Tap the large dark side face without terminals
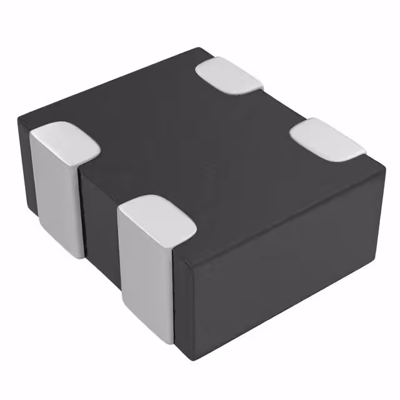pyautogui.click(x=281, y=262)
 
